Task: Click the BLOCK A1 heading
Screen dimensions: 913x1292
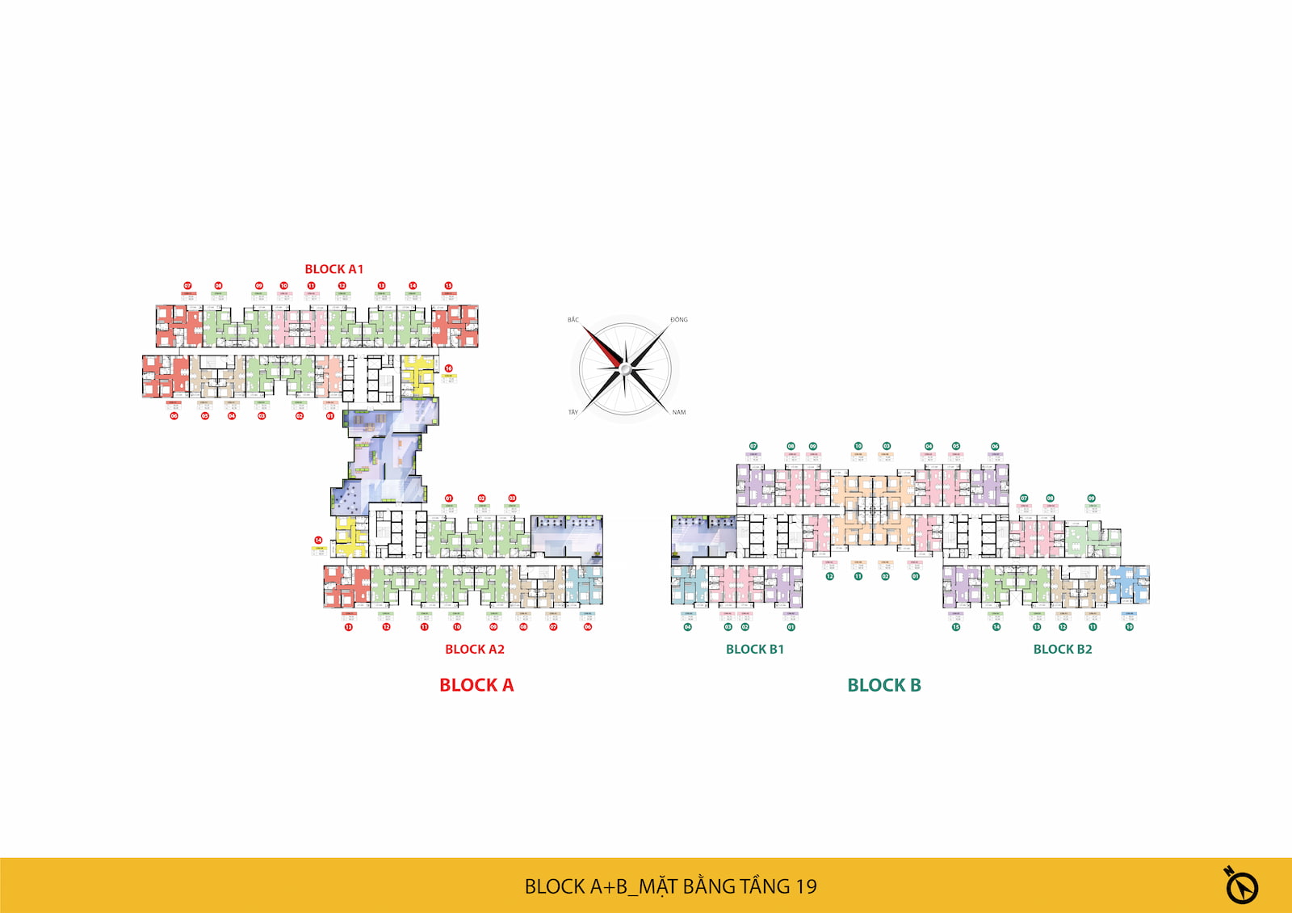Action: point(333,269)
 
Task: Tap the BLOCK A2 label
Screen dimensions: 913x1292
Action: point(475,649)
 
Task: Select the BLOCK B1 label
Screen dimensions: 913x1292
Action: point(755,649)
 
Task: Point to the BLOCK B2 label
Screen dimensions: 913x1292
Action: point(1063,649)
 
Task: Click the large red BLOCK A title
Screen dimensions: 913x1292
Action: point(476,685)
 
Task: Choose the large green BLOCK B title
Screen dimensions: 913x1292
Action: point(884,685)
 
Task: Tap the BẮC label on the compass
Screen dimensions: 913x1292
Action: point(573,320)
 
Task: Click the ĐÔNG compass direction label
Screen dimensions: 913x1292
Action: point(679,320)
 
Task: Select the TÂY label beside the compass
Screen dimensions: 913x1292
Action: point(573,412)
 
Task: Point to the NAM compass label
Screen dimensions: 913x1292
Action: point(679,412)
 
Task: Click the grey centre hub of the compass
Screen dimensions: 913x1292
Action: point(624,369)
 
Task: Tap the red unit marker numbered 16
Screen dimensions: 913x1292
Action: point(449,368)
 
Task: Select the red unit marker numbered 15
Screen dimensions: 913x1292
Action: point(448,285)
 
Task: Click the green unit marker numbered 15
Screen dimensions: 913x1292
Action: point(956,627)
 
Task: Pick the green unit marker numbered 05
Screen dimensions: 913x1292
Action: point(956,446)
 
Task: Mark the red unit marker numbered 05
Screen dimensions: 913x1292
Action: point(205,416)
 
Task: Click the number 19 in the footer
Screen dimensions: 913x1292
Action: point(806,886)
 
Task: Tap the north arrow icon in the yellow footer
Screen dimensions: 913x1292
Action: point(1241,886)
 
